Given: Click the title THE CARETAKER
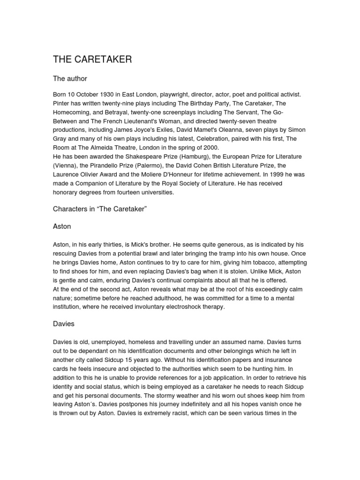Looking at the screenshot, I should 92,60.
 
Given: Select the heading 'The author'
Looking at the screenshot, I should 70,79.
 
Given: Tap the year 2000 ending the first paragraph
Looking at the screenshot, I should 208,147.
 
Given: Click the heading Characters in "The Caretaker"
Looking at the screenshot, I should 100,209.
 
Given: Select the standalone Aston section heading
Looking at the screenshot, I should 62,226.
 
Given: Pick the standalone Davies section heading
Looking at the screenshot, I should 64,324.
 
